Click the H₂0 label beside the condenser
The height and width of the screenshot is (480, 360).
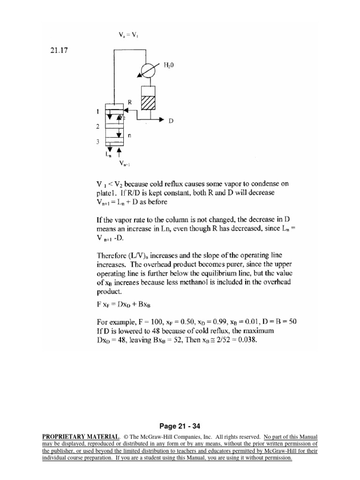point(169,66)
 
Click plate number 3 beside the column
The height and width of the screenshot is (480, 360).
point(98,141)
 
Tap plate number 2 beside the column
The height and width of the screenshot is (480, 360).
point(98,127)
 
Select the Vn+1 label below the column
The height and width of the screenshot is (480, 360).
point(125,164)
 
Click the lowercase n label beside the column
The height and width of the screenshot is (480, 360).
point(129,135)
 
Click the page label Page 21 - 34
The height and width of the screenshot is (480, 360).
point(180,426)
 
